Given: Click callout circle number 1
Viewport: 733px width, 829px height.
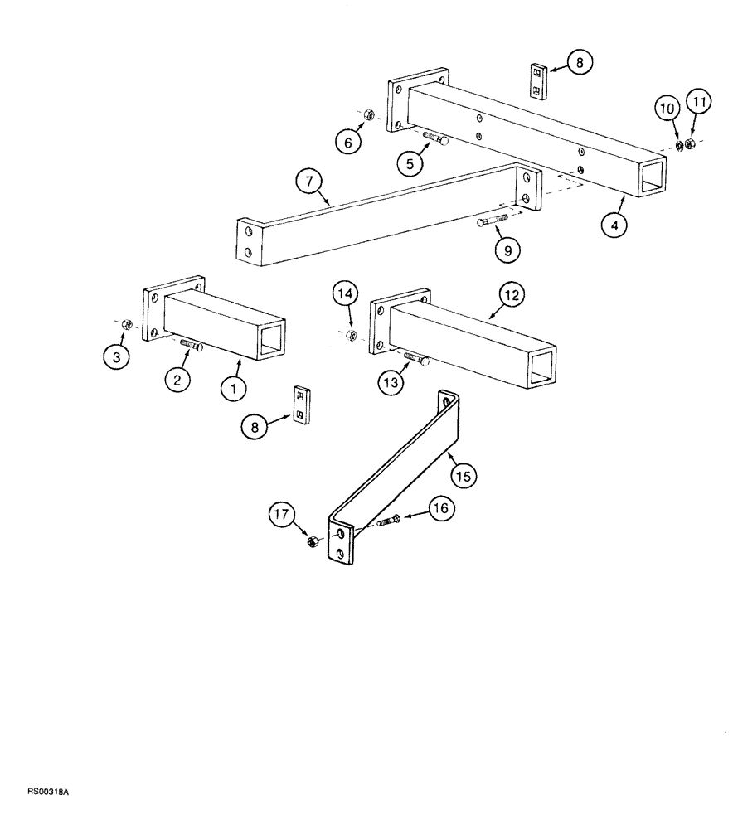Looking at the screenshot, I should point(233,386).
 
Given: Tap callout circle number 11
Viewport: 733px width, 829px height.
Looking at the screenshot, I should point(699,104).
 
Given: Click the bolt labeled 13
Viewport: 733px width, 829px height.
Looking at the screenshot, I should point(415,358).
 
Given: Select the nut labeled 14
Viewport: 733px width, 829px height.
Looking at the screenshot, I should point(352,335).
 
